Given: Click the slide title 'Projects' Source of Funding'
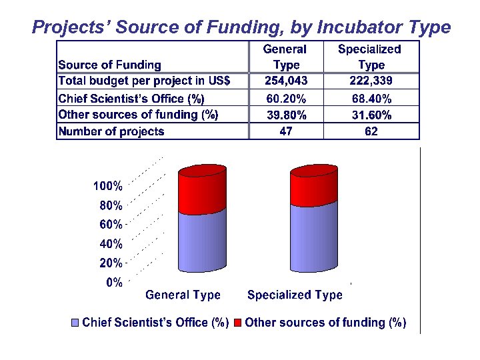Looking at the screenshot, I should [241, 27].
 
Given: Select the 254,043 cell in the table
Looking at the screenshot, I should [286, 81].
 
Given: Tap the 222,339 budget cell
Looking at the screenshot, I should [371, 81].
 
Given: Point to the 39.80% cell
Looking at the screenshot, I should [286, 115].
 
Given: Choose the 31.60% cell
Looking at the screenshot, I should [371, 115].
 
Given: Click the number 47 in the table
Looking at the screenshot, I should [286, 131].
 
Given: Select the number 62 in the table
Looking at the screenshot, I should [371, 131].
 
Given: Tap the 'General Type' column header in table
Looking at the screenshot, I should [286, 57].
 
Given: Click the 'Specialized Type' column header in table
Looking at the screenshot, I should [370, 57].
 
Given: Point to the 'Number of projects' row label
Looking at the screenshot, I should [111, 131].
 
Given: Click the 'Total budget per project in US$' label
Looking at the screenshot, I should [145, 81].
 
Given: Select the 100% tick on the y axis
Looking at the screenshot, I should [107, 186].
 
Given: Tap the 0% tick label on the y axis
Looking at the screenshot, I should [114, 283].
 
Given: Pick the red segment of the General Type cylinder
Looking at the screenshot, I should [203, 193].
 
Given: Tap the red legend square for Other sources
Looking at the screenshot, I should [238, 323].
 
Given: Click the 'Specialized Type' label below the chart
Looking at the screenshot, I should [295, 295].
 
